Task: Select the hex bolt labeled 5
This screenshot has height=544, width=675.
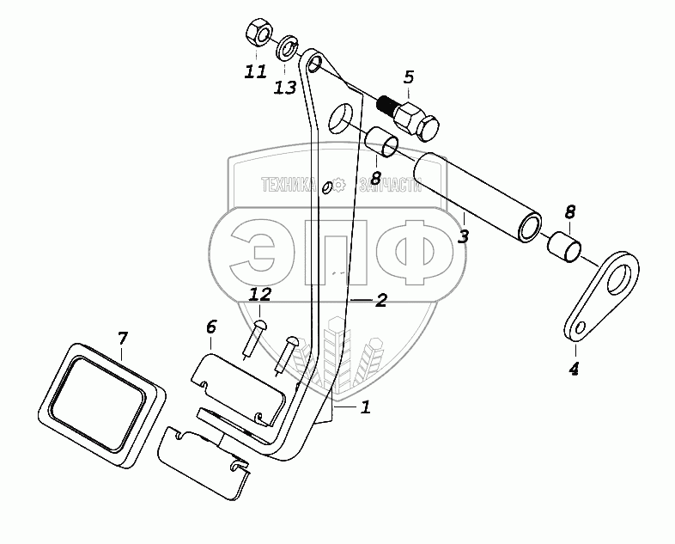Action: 411,118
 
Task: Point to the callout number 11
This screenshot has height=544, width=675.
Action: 255,72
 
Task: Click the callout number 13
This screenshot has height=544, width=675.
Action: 285,88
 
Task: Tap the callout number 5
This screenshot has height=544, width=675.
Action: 409,78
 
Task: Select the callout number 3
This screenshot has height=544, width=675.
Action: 463,235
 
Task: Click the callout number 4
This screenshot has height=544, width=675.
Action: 574,370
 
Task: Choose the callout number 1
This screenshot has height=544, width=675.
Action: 365,407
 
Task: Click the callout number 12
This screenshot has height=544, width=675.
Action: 260,294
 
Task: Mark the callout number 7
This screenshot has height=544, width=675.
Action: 122,337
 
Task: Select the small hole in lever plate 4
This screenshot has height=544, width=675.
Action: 580,327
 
